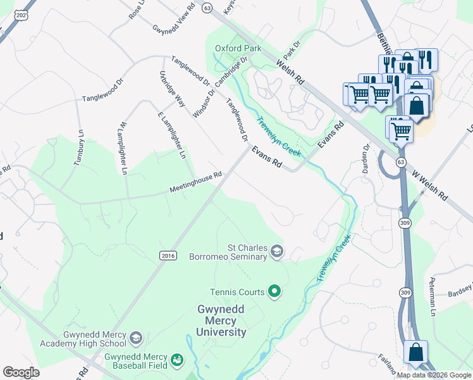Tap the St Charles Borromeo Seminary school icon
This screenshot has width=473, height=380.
point(277,252)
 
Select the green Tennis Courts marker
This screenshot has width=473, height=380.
point(274,292)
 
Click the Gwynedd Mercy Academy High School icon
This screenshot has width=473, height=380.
point(136,339)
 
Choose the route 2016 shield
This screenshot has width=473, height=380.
point(167,255)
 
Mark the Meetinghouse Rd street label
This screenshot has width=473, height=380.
point(195,183)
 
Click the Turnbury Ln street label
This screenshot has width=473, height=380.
point(80,148)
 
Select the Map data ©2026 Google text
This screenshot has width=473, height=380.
point(434,375)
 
